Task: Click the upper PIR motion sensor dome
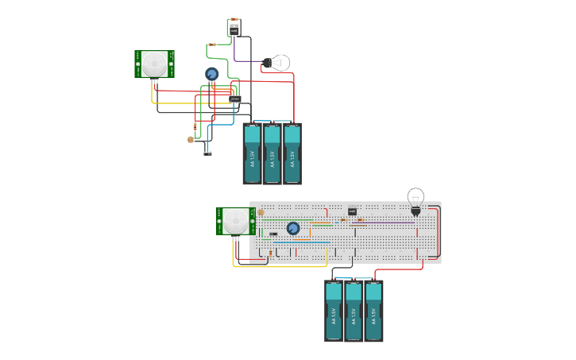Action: click(155, 64)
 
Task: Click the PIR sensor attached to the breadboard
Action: click(234, 221)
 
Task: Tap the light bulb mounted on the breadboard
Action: click(416, 199)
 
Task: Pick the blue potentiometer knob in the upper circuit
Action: click(211, 74)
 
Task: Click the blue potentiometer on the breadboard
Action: click(292, 228)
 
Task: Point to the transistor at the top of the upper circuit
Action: click(234, 28)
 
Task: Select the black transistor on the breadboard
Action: click(352, 211)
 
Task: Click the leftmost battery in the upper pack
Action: click(253, 153)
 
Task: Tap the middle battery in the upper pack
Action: click(273, 153)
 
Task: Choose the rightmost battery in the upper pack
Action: click(292, 153)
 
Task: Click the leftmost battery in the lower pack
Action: click(334, 311)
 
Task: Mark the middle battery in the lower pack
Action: click(354, 311)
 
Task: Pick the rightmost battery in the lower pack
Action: click(373, 311)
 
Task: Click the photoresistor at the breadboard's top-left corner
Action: click(260, 212)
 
